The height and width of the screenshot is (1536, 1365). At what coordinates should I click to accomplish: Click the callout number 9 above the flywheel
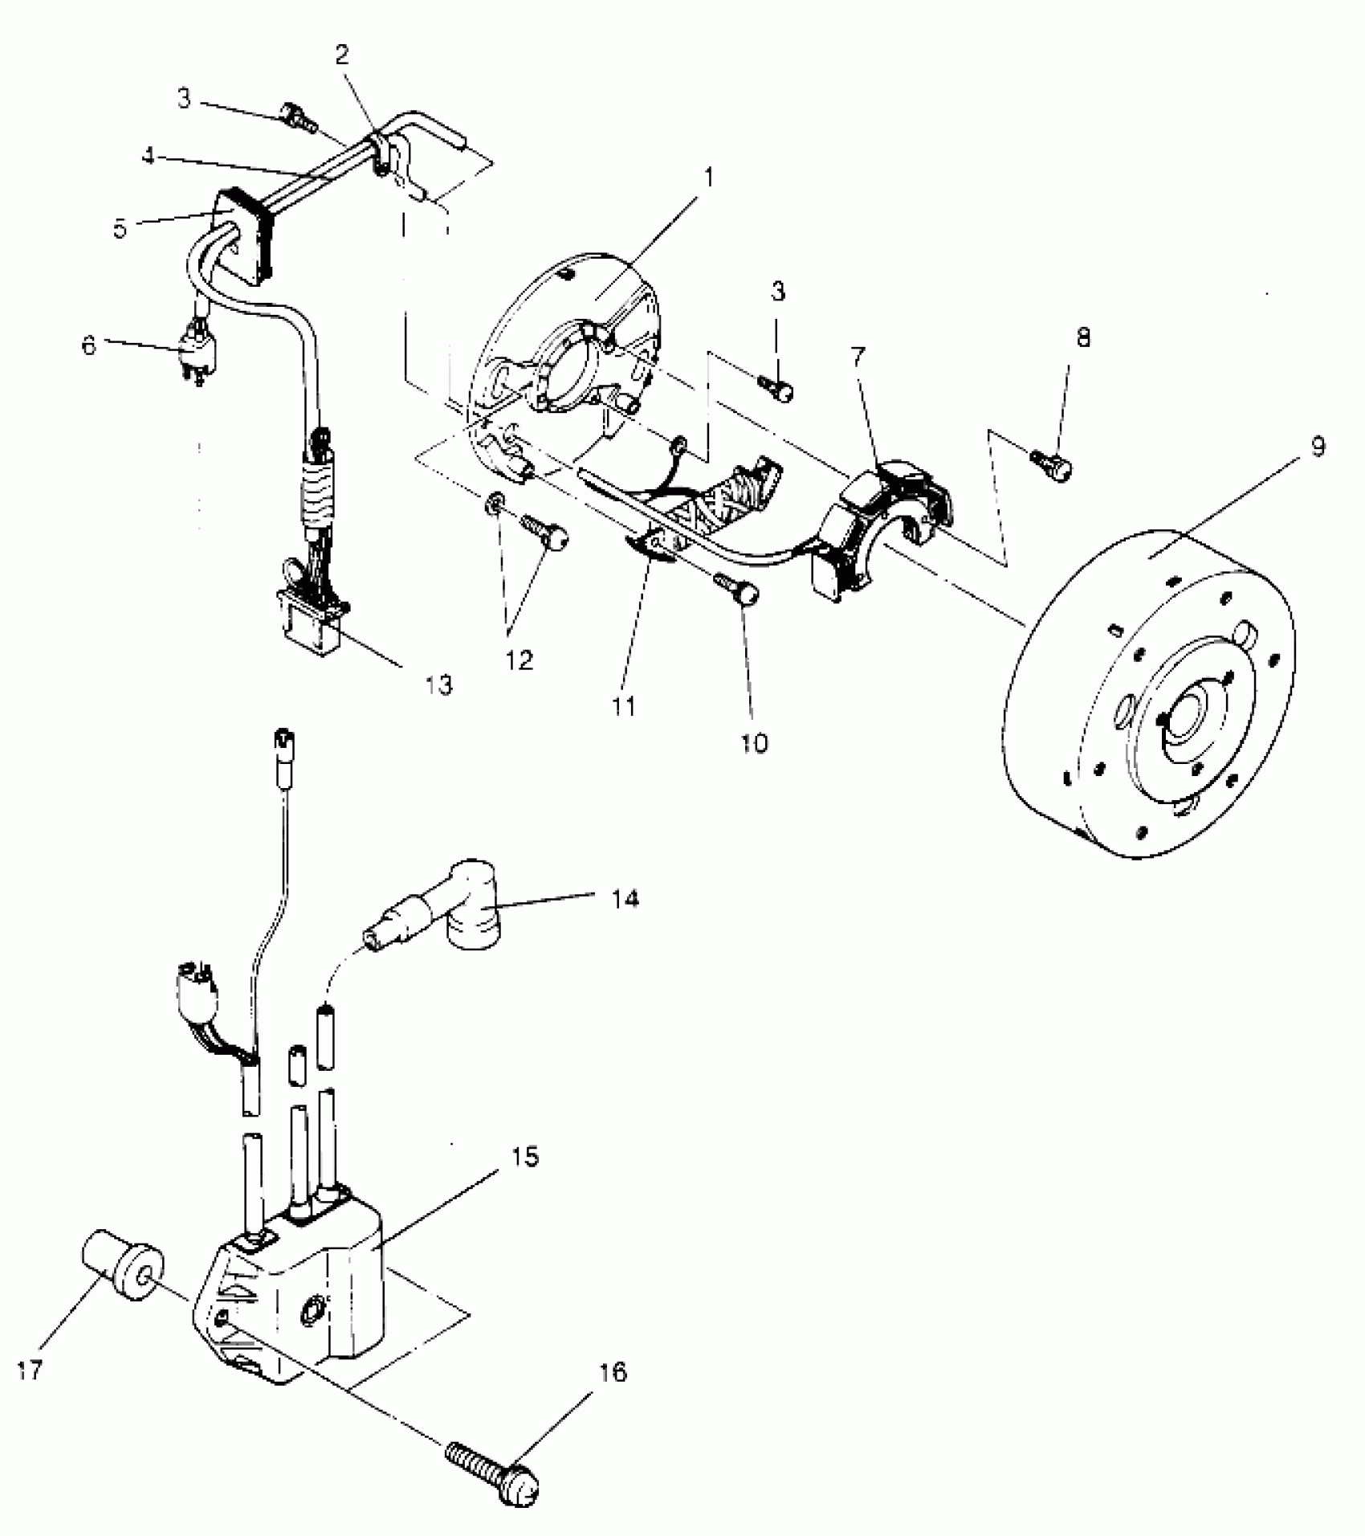pos(1318,447)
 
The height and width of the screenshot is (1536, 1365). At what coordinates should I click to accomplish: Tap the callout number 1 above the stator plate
pos(709,175)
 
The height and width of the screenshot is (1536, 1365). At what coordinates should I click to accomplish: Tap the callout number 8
pos(1083,337)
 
